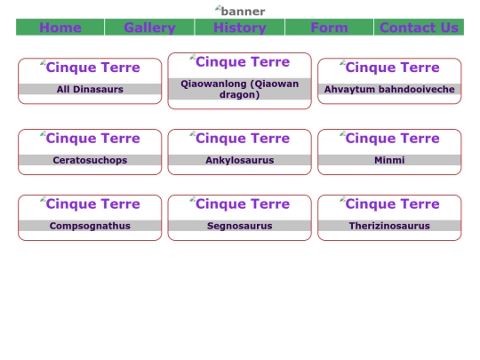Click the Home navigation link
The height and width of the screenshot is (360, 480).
(60, 28)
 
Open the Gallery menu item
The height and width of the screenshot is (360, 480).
(149, 28)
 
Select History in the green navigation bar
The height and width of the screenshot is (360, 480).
(240, 28)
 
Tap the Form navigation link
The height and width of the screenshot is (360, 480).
(329, 28)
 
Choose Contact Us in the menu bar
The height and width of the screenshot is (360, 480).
(419, 28)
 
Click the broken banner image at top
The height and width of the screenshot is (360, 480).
(240, 11)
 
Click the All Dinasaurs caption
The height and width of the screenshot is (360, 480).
(90, 89)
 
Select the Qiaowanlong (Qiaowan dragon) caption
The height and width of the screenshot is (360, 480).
(240, 89)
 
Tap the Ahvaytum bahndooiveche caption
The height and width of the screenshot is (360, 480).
(389, 89)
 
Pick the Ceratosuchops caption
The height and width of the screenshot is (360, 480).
(90, 160)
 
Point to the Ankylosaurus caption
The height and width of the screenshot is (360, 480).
(240, 160)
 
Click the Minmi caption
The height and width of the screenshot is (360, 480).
(389, 160)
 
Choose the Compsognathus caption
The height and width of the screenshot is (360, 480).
(90, 226)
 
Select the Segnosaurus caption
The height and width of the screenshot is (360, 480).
(240, 226)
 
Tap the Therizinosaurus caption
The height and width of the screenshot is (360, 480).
(389, 226)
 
